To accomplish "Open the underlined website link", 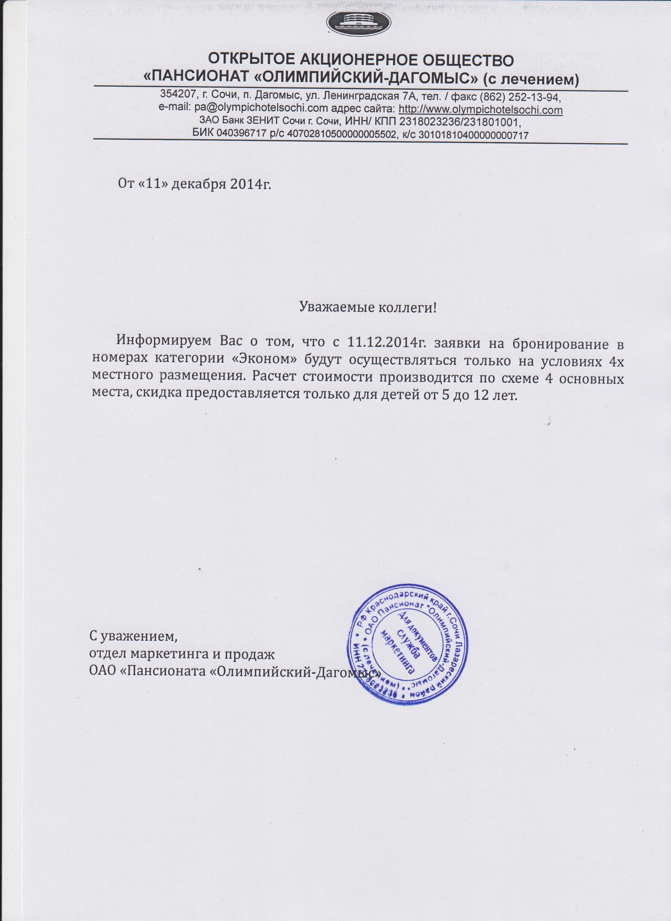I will [480, 110].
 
